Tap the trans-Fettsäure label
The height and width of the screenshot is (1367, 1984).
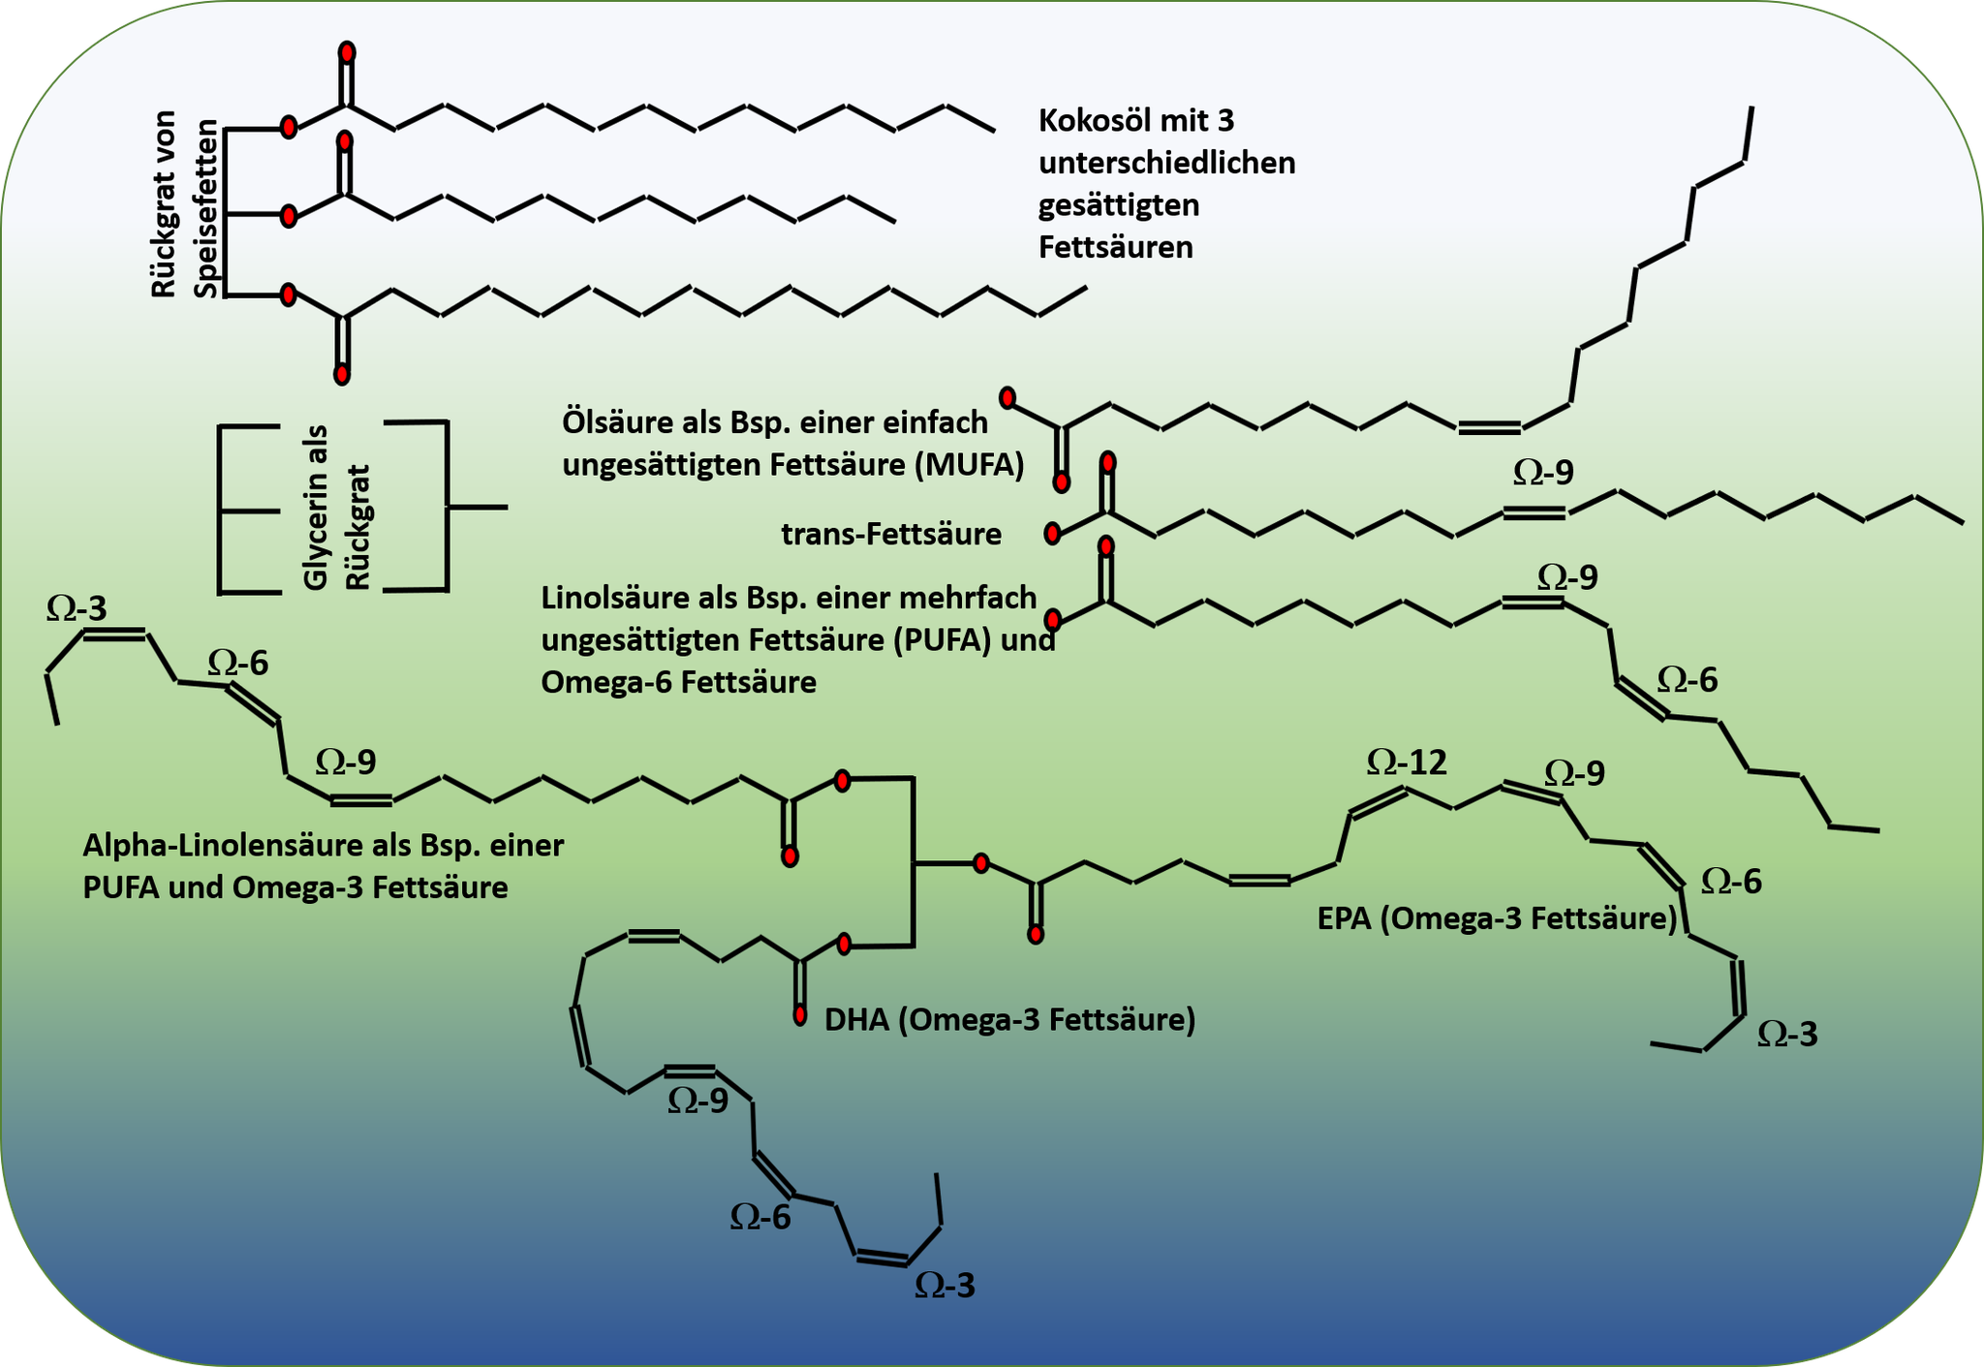point(891,534)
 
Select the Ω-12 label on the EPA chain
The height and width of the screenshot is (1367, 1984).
point(1407,762)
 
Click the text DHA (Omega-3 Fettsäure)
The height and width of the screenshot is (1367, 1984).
point(1009,1020)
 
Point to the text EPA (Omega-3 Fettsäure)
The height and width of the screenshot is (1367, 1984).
point(1497,918)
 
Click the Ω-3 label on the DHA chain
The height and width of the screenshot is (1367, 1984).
point(945,1285)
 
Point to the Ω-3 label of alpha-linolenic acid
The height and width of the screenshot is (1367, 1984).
point(77,607)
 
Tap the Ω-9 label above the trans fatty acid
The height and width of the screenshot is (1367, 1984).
point(1543,472)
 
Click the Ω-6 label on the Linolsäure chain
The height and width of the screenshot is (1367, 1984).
point(1688,680)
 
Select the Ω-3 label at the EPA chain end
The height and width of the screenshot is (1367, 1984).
point(1788,1034)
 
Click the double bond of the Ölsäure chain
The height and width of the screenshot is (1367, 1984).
point(1489,427)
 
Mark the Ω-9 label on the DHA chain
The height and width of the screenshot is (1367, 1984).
point(697,1101)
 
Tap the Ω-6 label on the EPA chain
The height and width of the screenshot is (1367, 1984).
point(1731,881)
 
